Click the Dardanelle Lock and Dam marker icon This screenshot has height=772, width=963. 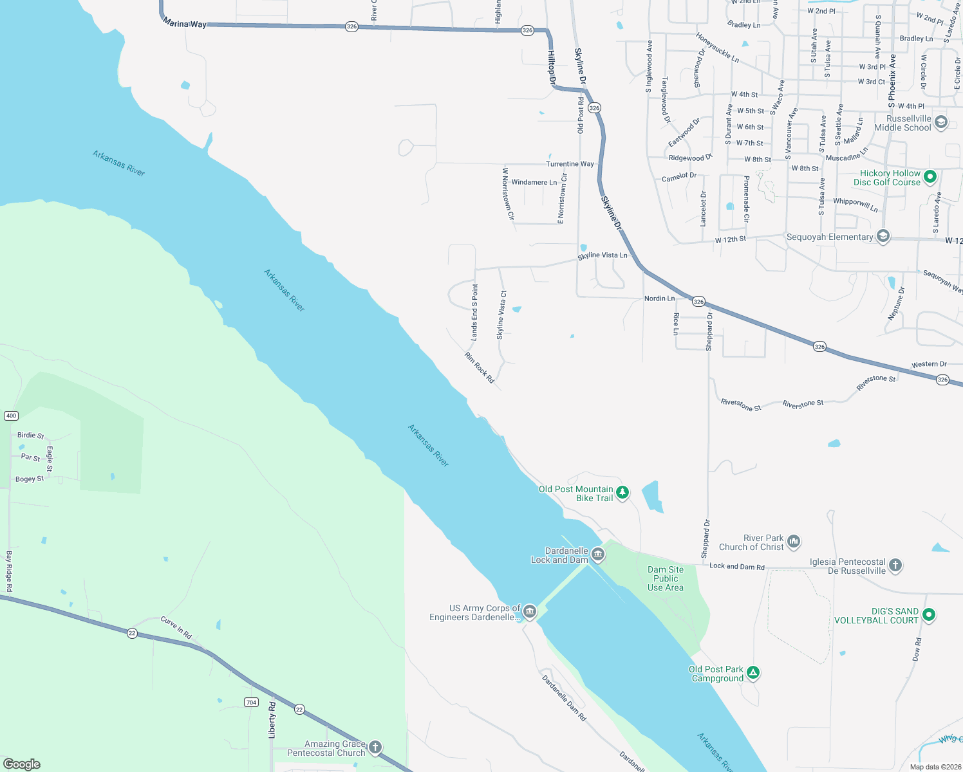tap(598, 555)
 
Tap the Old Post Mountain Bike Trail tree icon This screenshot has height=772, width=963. tap(622, 493)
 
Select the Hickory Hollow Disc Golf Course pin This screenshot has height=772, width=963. tap(930, 176)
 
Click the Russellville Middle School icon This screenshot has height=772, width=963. tap(940, 122)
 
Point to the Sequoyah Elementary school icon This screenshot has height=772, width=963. tap(883, 237)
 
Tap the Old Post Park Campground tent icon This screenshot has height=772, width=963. tap(753, 673)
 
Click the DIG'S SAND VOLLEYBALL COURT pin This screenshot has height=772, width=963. tap(928, 615)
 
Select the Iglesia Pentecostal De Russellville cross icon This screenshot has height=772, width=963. tap(895, 565)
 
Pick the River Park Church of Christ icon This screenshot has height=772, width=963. tap(794, 542)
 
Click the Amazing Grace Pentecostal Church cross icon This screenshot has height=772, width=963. tap(375, 748)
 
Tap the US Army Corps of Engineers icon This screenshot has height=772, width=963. tap(529, 611)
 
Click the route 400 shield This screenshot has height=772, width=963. tap(11, 416)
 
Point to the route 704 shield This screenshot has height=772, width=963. tap(251, 702)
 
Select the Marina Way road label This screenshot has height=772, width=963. tap(185, 24)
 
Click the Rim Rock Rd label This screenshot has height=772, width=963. tap(480, 368)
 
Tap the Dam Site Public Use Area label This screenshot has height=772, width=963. tap(666, 578)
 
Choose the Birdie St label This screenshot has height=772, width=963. tap(30, 436)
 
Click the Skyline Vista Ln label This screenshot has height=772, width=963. tap(602, 255)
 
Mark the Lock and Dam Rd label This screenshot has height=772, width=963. tap(736, 566)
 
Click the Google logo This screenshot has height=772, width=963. tap(22, 764)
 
